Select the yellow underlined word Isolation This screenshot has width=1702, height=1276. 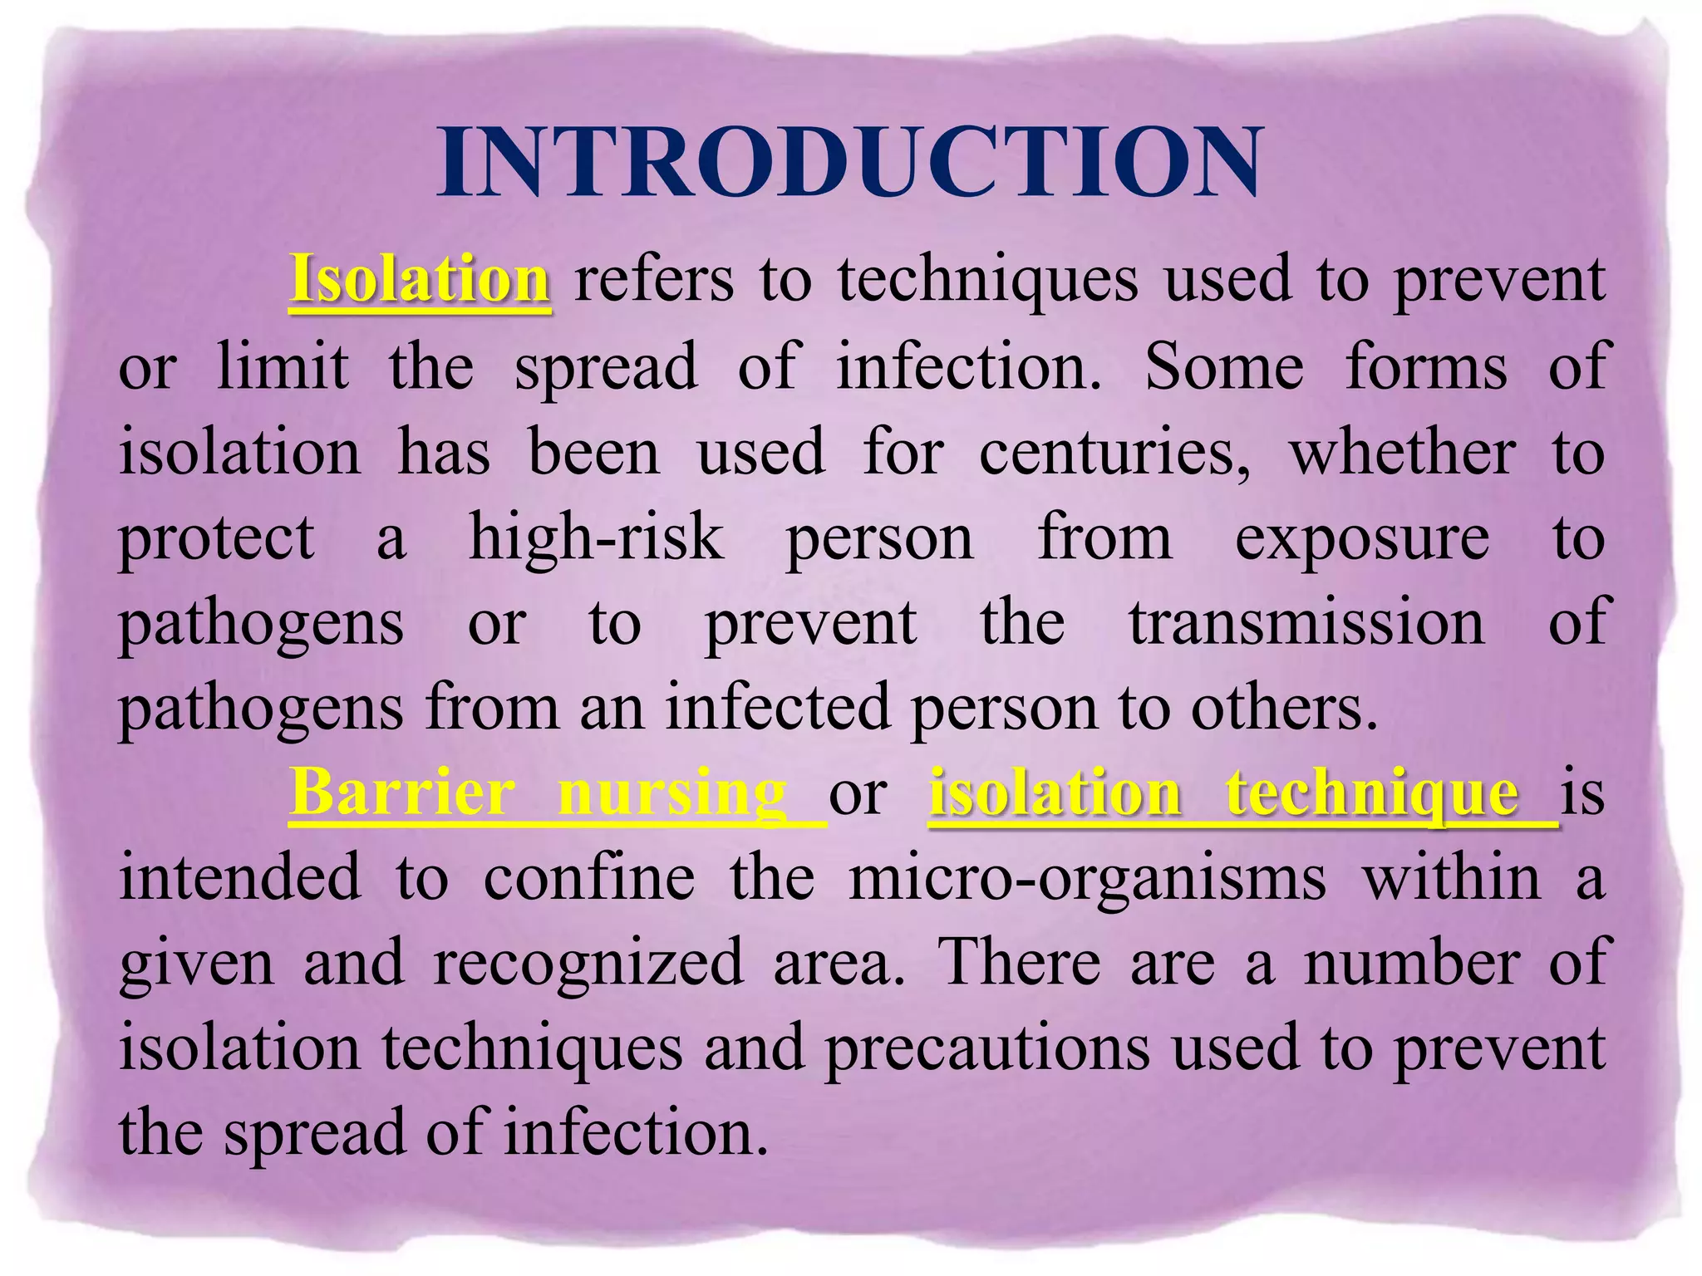pyautogui.click(x=420, y=279)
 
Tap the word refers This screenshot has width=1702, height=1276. pyautogui.click(x=655, y=279)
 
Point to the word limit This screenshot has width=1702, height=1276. pyautogui.click(x=283, y=366)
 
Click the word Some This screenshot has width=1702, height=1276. pyautogui.click(x=1224, y=366)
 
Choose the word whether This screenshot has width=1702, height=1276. pyautogui.click(x=1402, y=452)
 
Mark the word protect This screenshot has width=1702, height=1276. pyautogui.click(x=218, y=538)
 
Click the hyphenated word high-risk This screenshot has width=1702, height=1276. pyautogui.click(x=596, y=537)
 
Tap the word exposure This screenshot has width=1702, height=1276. pyautogui.click(x=1362, y=538)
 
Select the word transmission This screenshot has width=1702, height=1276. pyautogui.click(x=1306, y=623)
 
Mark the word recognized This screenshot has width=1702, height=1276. pyautogui.click(x=588, y=963)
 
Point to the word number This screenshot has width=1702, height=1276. pyautogui.click(x=1411, y=963)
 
